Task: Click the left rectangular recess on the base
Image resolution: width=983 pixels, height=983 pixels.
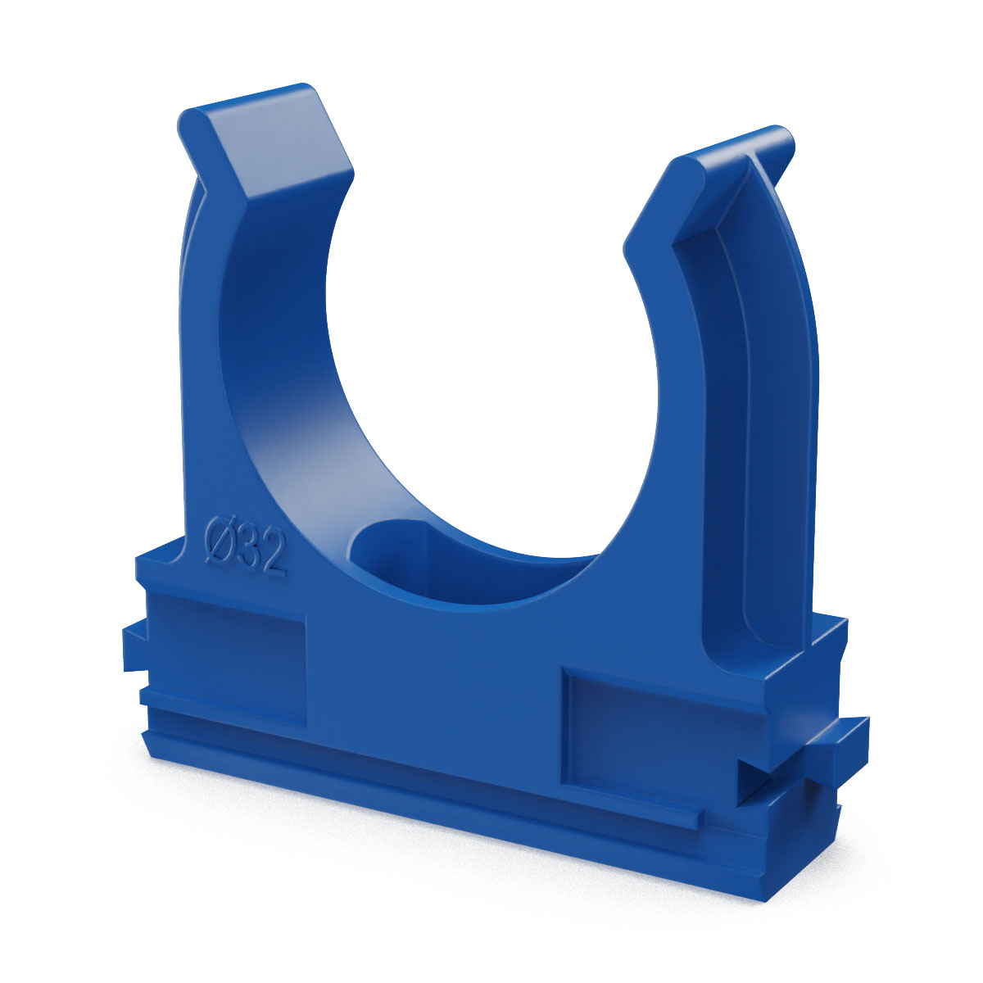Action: click(228, 657)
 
